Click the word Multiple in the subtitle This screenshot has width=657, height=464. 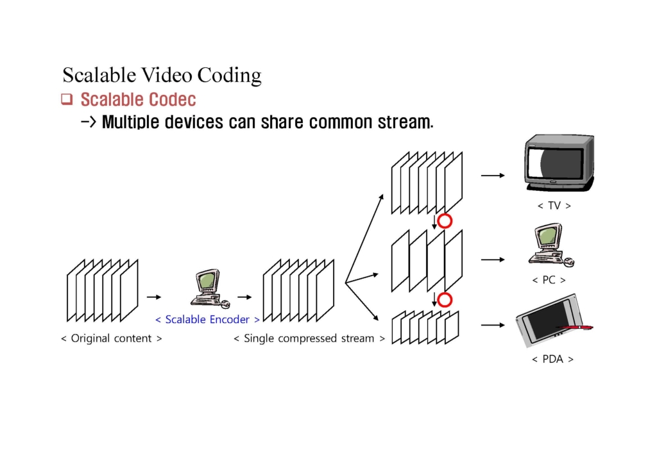(130, 121)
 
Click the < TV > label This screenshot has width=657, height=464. (554, 206)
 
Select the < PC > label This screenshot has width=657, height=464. (549, 280)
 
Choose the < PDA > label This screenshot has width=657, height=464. (552, 359)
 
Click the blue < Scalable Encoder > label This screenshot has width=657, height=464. (207, 319)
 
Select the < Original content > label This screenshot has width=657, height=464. (111, 338)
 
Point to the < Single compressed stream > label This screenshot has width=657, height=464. (309, 338)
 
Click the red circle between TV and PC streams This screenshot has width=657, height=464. (445, 222)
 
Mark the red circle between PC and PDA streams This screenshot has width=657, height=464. (445, 300)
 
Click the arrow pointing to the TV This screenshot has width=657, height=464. (492, 174)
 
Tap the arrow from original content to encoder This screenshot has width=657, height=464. (154, 297)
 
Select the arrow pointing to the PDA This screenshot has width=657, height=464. (492, 325)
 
